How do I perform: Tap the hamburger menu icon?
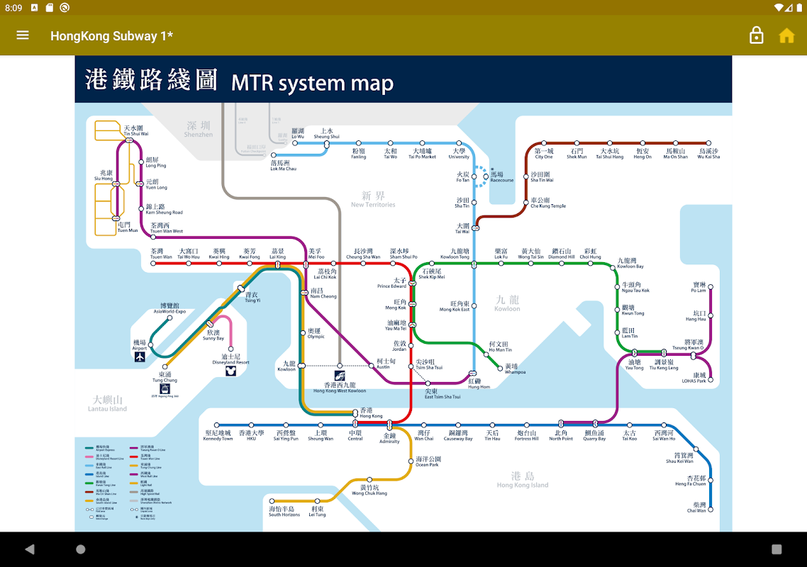[23, 35]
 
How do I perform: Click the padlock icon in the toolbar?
[757, 35]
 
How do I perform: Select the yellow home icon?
[786, 35]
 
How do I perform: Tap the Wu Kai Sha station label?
[708, 154]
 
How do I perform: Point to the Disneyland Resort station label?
[231, 359]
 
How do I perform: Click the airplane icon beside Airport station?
[140, 357]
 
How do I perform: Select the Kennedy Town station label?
[218, 435]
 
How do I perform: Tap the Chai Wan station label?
[696, 507]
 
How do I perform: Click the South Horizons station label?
[284, 512]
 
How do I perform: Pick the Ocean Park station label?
[428, 461]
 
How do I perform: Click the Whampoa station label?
[515, 369]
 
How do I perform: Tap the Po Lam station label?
[699, 287]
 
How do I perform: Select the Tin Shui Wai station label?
[135, 130]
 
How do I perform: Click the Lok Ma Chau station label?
[284, 166]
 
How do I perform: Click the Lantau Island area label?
[108, 404]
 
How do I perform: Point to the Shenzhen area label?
[198, 129]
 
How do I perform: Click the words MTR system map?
[312, 83]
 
